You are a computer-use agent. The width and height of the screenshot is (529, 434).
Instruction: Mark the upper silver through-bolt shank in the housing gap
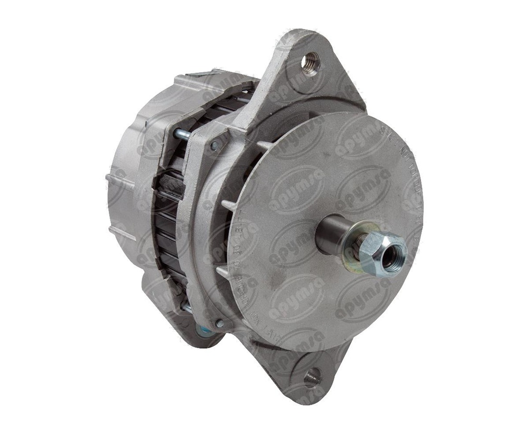click(x=182, y=135)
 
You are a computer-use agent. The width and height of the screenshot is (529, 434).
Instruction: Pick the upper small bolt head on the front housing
click(x=214, y=146)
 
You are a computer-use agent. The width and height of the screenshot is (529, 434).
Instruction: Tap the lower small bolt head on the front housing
click(x=220, y=324)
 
